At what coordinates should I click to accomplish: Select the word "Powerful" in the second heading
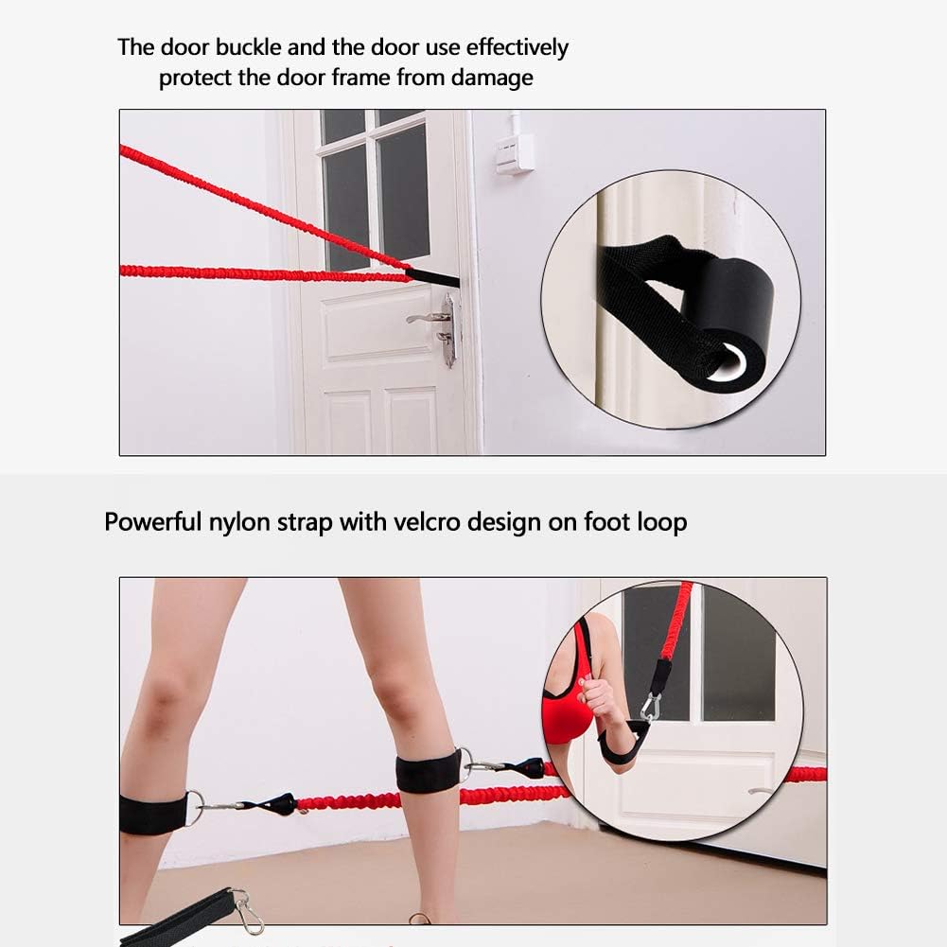(x=152, y=521)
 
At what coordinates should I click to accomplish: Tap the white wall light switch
(x=515, y=152)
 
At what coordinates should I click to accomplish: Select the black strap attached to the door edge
(x=433, y=278)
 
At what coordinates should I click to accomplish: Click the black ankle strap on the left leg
(x=153, y=814)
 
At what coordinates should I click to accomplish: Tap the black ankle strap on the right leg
(x=428, y=772)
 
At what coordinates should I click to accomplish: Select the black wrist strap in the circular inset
(x=623, y=745)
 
